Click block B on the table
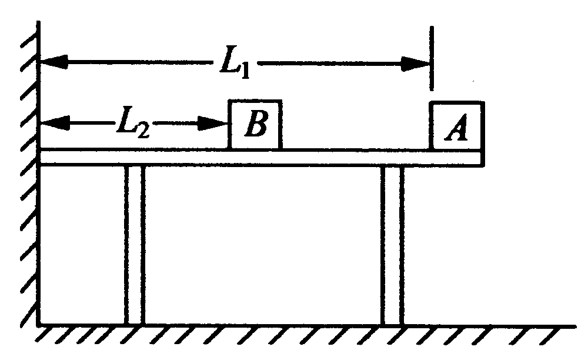(x=254, y=125)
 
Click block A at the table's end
(x=457, y=126)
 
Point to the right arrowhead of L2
(x=215, y=124)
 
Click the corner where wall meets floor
(x=39, y=324)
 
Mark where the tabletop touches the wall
(x=41, y=157)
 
